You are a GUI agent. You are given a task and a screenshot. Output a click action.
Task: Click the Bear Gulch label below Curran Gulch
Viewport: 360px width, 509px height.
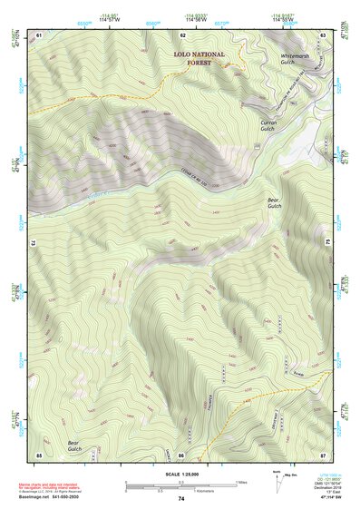[274, 203]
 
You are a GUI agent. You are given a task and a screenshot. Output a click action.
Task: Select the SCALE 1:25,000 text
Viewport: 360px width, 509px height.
[180, 474]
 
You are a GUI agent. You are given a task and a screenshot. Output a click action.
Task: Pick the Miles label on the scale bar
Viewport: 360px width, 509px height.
[239, 482]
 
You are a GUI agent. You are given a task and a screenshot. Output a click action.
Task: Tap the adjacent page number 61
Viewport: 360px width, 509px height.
[39, 34]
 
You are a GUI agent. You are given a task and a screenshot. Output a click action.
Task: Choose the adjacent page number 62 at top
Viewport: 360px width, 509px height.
[182, 34]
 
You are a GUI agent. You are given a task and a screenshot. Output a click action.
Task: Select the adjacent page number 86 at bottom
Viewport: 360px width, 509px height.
[181, 454]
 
